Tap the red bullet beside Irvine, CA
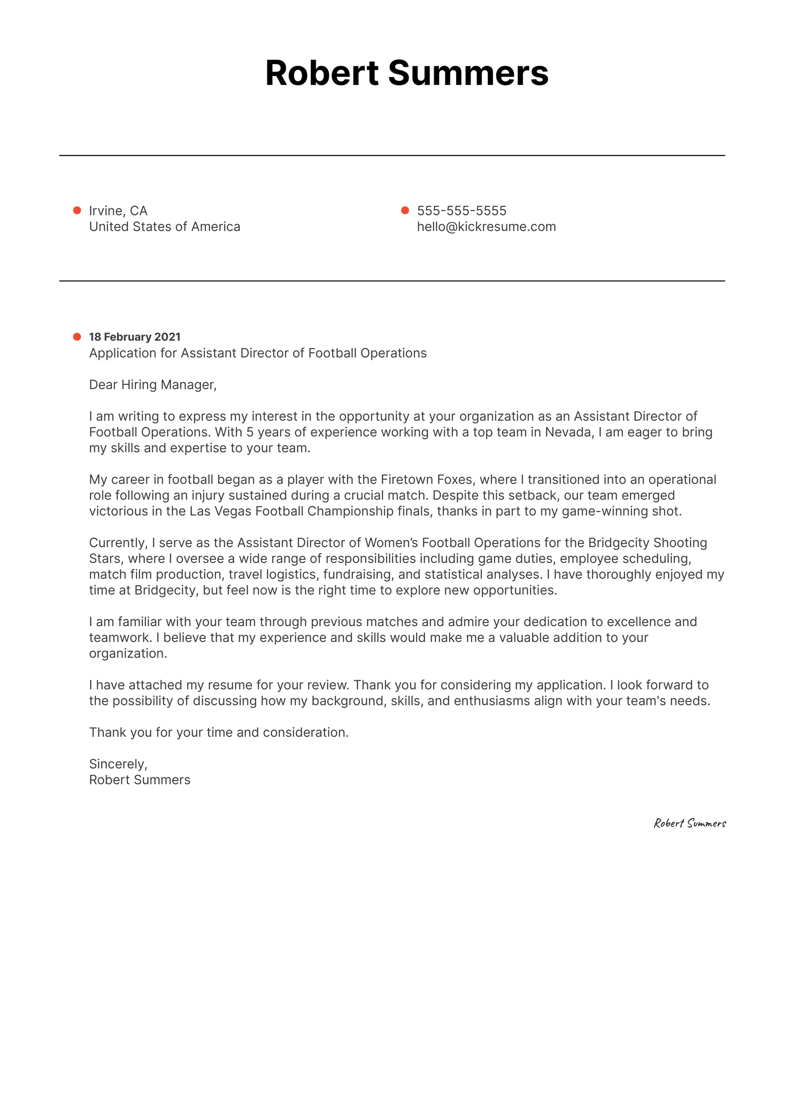(x=77, y=211)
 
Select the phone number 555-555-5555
(x=461, y=211)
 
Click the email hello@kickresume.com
(x=486, y=227)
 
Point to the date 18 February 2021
(x=135, y=337)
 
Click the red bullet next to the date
(x=77, y=337)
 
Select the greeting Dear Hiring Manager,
(x=153, y=384)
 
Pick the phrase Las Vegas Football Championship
(x=292, y=511)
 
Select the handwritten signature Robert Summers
(x=690, y=823)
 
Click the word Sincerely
(x=118, y=764)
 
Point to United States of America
(x=165, y=227)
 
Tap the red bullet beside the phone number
(x=405, y=211)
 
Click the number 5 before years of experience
(x=250, y=432)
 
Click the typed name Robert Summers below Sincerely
(x=140, y=780)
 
